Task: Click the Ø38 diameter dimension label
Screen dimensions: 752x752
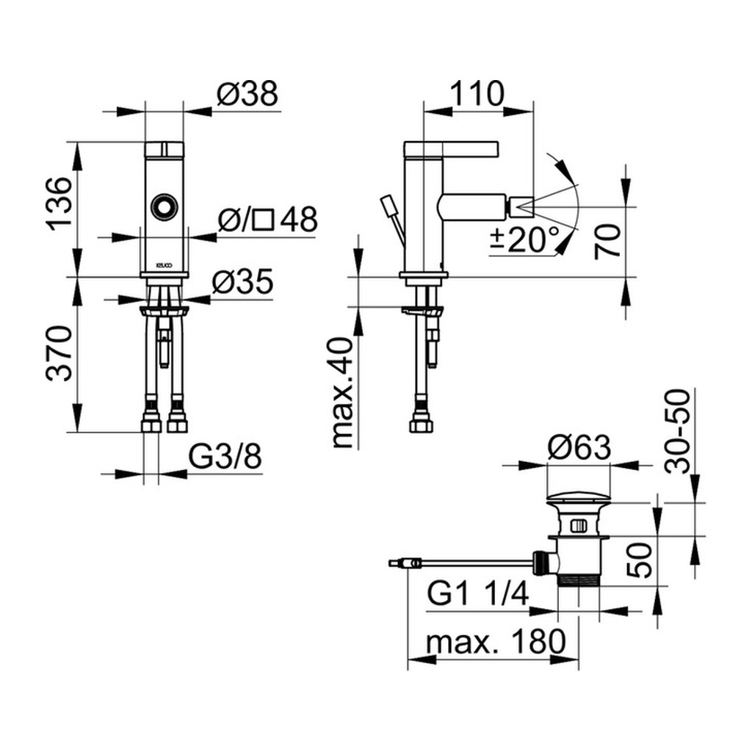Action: pyautogui.click(x=247, y=94)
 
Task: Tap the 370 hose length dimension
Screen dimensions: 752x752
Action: pyautogui.click(x=59, y=353)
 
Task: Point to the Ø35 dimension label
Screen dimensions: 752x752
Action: pyautogui.click(x=242, y=281)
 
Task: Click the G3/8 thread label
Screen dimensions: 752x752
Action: pyautogui.click(x=225, y=457)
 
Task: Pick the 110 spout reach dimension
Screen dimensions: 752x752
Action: pyautogui.click(x=477, y=94)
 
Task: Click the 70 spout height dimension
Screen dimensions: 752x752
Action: pyautogui.click(x=607, y=242)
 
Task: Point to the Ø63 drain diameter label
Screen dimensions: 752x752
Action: pyautogui.click(x=579, y=447)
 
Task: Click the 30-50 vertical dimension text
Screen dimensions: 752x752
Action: pyautogui.click(x=678, y=432)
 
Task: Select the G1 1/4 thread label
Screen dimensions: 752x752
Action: pyautogui.click(x=477, y=593)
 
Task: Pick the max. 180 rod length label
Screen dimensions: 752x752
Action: pyautogui.click(x=496, y=642)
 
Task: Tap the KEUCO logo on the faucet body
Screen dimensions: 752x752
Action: pyautogui.click(x=164, y=264)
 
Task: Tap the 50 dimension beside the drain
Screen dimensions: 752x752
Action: pyautogui.click(x=640, y=560)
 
